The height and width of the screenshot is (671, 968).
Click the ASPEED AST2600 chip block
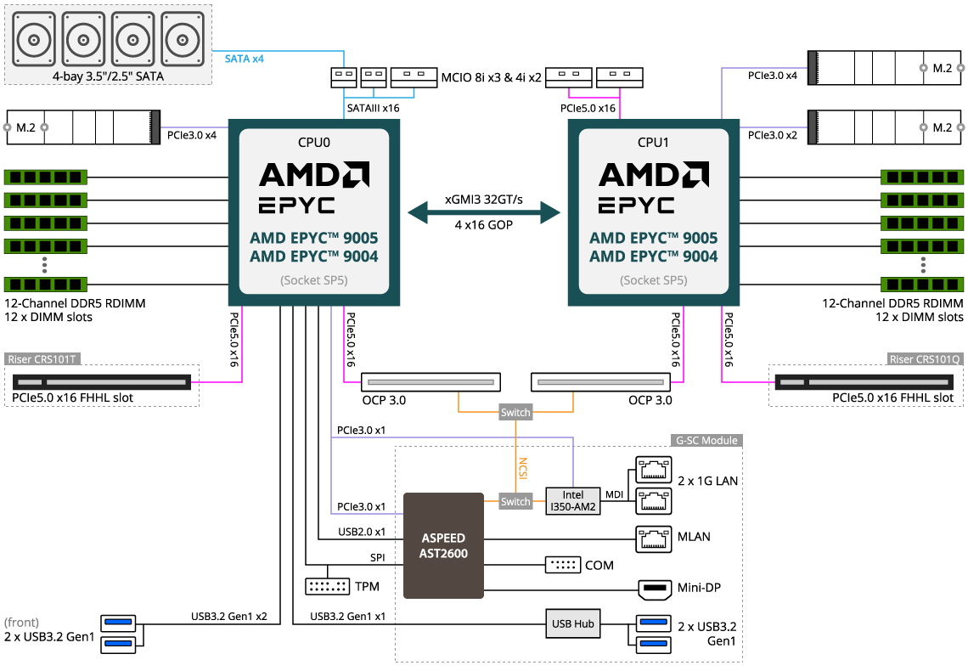(x=443, y=545)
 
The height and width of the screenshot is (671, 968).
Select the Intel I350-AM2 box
(x=573, y=501)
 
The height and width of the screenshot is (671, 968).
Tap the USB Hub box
(x=573, y=623)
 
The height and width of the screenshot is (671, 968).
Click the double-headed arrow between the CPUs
(x=484, y=212)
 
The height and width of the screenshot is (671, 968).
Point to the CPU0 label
(x=314, y=143)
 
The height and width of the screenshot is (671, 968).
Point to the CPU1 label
(x=654, y=143)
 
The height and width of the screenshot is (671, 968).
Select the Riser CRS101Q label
(x=926, y=359)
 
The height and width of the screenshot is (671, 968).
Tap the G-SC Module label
(x=706, y=441)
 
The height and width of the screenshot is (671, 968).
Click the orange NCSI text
(x=523, y=469)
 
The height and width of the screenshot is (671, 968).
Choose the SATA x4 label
(x=245, y=59)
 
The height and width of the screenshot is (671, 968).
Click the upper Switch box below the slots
(x=515, y=413)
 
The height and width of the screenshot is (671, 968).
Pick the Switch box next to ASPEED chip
(x=515, y=502)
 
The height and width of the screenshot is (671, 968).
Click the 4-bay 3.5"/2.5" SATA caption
(x=108, y=76)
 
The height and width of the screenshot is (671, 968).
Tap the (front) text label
(x=22, y=623)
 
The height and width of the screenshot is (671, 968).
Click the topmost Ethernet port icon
(x=653, y=468)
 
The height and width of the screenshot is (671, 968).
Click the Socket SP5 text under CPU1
(x=654, y=280)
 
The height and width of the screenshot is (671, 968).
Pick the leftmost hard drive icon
(x=36, y=38)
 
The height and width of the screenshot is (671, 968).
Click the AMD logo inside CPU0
(x=314, y=175)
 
